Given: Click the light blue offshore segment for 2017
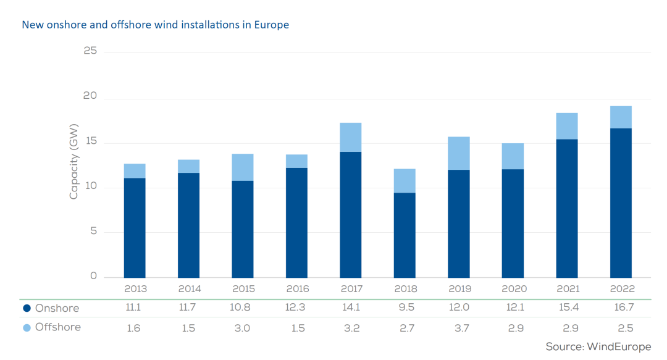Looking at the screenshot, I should pos(351,137).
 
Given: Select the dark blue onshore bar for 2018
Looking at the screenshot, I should pos(405,235).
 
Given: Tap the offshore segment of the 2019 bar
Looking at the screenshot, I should pos(459,153).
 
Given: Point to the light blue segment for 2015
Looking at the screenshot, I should pos(243,167).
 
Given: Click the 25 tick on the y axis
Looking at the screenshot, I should pos(90,51).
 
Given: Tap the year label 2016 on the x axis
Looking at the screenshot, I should pos(296,289).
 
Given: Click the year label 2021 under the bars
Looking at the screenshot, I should pos(567,289).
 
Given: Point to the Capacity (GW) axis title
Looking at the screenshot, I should pos(74,169).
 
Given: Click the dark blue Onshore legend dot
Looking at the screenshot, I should pos(27,308).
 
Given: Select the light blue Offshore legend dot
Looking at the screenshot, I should pos(27,327).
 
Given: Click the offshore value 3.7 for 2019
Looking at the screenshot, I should pos(459,328).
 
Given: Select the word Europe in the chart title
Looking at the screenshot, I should pos(272,25).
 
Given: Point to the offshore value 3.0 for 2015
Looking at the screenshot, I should pos(243,328).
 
